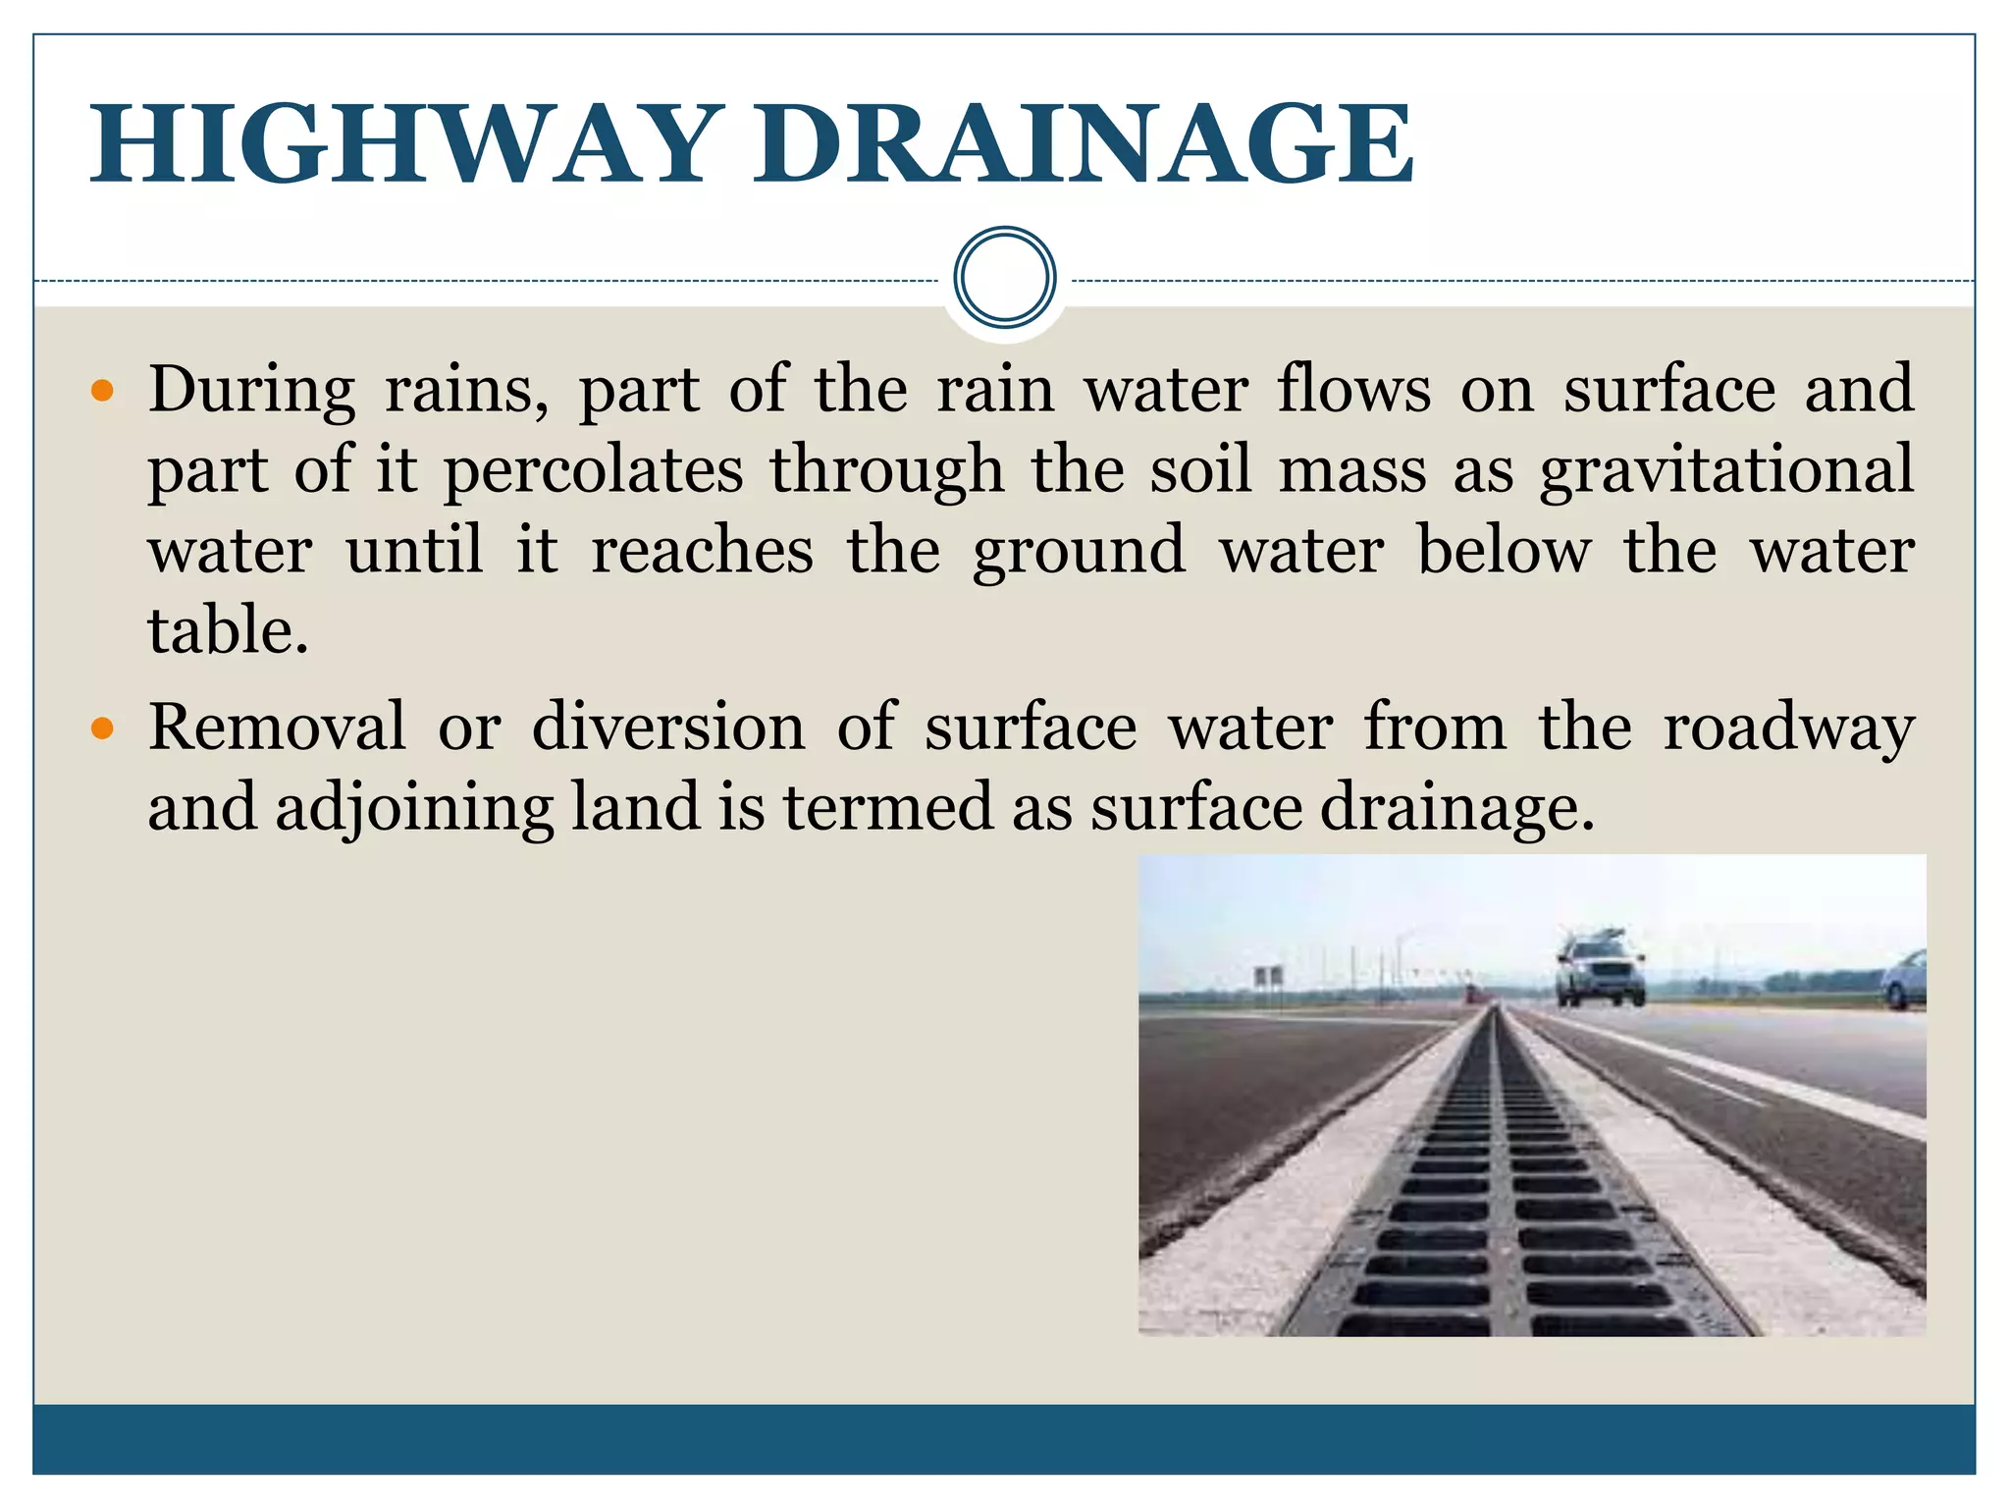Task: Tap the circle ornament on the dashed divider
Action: pyautogui.click(x=1004, y=278)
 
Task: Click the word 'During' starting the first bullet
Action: pyautogui.click(x=251, y=391)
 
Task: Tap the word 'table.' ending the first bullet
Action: pyautogui.click(x=228, y=630)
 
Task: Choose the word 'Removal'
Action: pyautogui.click(x=277, y=728)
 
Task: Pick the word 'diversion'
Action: pyautogui.click(x=667, y=728)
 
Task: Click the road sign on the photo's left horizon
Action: pyautogui.click(x=1267, y=977)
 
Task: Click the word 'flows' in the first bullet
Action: pyautogui.click(x=1354, y=391)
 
